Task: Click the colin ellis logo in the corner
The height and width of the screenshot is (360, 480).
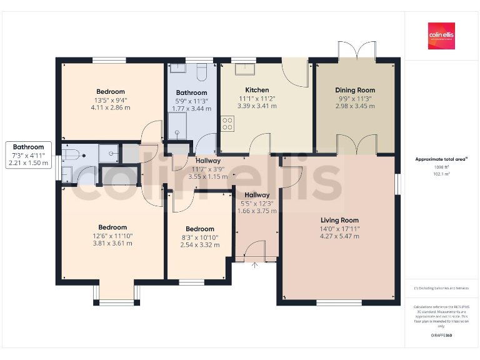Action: point(441,36)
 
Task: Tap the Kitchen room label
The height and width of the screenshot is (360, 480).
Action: point(257,90)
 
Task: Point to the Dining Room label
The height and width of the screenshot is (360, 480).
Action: point(355,90)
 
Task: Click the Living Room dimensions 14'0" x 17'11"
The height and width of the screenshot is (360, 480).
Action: point(339,228)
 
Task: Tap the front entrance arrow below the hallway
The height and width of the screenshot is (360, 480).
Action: point(254,264)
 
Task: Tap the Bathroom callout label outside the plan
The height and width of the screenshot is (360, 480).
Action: point(28,147)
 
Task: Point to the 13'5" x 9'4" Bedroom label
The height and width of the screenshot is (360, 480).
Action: point(110,92)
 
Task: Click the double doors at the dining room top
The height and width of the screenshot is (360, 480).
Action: point(356,50)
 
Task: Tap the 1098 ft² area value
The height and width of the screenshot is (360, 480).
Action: point(441,167)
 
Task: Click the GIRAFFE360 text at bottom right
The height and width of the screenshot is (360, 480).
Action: point(441,336)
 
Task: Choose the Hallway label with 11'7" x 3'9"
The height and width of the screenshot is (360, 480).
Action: point(207,161)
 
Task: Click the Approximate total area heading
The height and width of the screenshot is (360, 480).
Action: point(441,159)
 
